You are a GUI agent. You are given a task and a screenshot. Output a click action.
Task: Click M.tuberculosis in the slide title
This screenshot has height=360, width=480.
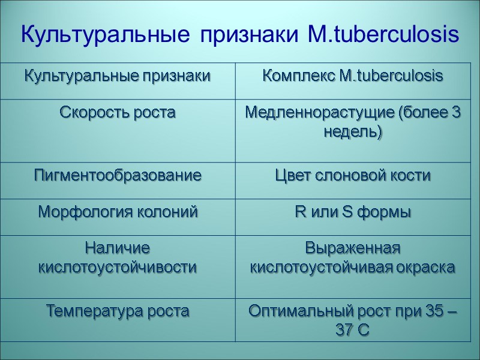click(383, 35)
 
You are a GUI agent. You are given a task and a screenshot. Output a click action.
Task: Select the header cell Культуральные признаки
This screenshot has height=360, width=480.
click(117, 76)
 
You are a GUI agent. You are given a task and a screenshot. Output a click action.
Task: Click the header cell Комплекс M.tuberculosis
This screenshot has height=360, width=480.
click(352, 76)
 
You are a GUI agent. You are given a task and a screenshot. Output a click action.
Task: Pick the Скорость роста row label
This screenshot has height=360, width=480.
click(117, 112)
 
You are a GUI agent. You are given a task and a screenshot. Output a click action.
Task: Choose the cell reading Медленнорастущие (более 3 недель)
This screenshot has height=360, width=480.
click(352, 122)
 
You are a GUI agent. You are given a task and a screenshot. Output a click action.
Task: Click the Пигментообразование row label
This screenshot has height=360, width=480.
click(117, 176)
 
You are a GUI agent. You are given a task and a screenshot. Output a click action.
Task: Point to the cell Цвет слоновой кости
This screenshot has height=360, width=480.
click(352, 176)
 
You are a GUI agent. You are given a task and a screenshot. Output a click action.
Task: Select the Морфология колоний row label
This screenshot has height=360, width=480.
click(117, 212)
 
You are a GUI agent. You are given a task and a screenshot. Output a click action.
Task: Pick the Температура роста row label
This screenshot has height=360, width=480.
click(117, 311)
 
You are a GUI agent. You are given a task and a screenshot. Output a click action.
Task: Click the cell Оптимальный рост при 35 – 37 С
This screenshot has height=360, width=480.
click(352, 320)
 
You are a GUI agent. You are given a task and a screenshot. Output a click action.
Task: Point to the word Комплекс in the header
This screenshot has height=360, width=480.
click(292, 77)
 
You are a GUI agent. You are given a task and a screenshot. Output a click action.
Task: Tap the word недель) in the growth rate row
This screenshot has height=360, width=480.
click(352, 133)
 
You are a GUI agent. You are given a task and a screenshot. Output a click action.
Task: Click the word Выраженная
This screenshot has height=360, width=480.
click(352, 247)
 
